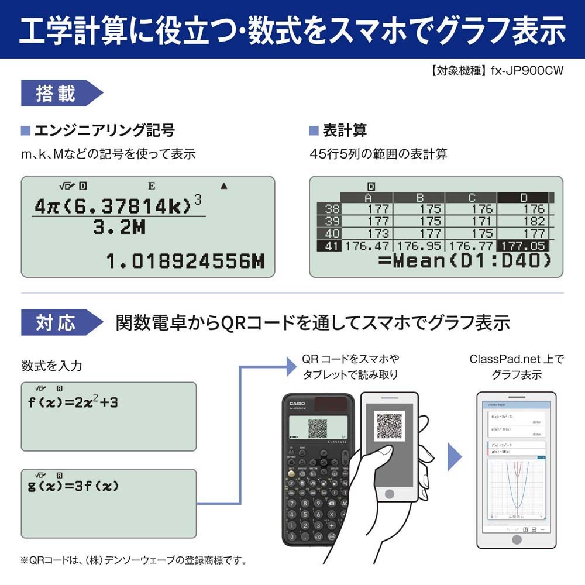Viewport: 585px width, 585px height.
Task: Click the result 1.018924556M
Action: (x=185, y=260)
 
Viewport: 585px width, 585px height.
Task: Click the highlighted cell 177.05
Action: (x=522, y=246)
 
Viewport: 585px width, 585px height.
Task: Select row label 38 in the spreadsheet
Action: (x=332, y=209)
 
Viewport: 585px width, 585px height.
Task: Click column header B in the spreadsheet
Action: (x=419, y=198)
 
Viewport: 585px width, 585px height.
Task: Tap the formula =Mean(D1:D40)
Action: (x=465, y=261)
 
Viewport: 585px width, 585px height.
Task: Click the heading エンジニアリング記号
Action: (x=104, y=130)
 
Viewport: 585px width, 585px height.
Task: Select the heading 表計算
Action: (x=345, y=130)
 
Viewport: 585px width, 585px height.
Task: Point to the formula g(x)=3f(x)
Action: (x=74, y=486)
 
